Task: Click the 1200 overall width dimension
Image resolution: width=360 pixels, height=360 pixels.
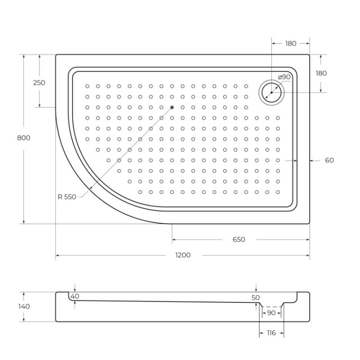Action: click(x=182, y=255)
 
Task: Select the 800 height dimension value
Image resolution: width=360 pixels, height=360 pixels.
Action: click(x=24, y=138)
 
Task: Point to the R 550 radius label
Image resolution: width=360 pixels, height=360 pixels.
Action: click(x=66, y=196)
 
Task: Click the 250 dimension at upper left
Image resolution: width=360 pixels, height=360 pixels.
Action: click(x=39, y=83)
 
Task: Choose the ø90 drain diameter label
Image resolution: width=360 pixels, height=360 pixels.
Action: click(x=284, y=77)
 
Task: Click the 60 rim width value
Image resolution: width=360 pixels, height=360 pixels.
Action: click(x=329, y=160)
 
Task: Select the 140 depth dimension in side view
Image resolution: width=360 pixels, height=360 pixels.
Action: click(x=24, y=306)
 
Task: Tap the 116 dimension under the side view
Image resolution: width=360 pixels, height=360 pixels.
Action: click(x=271, y=333)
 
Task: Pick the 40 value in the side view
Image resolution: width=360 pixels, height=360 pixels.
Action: click(x=75, y=296)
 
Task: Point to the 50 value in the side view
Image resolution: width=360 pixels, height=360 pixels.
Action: click(x=256, y=298)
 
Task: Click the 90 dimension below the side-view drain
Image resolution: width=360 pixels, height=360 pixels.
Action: click(x=271, y=313)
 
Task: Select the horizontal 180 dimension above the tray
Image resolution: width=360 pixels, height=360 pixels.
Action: click(x=290, y=43)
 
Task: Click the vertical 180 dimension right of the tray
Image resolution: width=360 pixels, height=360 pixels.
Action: click(x=321, y=73)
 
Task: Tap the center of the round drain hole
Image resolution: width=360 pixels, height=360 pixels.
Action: click(x=272, y=92)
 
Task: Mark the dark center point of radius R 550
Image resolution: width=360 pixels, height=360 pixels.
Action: click(x=172, y=107)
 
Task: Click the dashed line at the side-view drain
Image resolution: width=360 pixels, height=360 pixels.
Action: click(x=272, y=306)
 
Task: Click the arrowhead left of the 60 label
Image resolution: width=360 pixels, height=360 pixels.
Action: click(x=312, y=160)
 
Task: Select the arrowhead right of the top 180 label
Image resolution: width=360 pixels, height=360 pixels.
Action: click(x=307, y=43)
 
